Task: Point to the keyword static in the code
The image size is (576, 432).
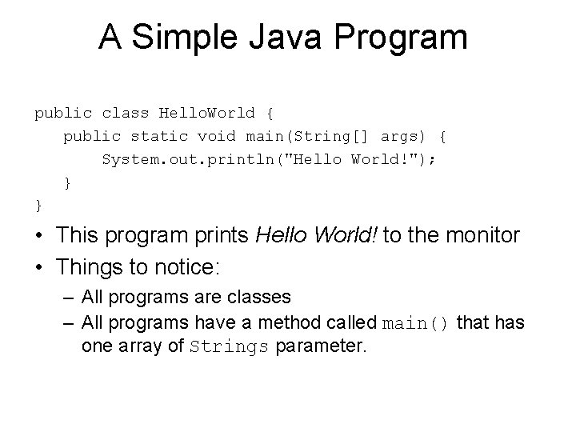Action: tap(158, 136)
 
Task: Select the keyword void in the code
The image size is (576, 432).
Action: tap(217, 136)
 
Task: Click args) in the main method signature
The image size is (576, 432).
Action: tap(405, 136)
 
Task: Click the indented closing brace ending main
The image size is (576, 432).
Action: tap(68, 182)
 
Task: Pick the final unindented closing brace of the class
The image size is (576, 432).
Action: tap(38, 206)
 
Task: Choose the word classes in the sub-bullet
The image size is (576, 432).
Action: tap(260, 298)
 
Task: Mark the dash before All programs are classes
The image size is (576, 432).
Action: tap(68, 298)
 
